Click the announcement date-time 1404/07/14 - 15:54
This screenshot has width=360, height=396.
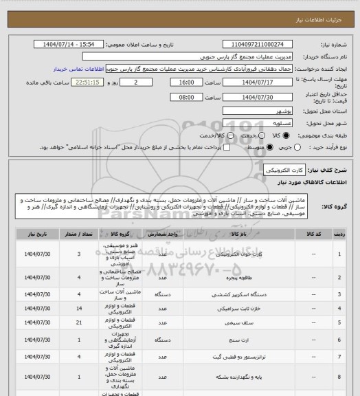click(69, 43)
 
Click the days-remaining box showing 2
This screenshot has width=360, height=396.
click(144, 82)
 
